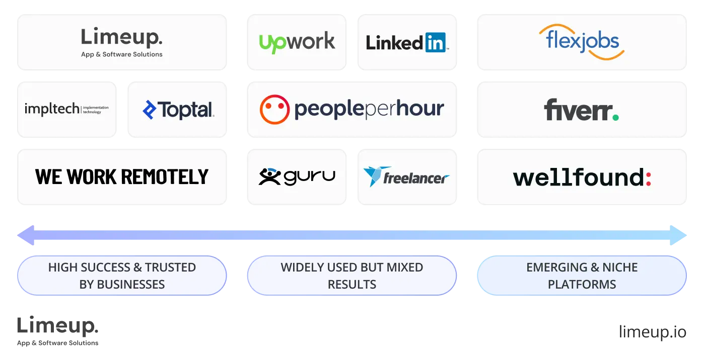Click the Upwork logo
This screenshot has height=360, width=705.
297,42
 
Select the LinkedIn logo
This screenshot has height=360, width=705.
407,43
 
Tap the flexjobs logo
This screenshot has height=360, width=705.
582,42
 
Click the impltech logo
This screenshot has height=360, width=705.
66,109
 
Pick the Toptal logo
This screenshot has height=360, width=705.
179,110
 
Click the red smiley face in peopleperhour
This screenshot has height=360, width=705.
274,110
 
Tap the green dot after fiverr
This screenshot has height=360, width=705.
615,117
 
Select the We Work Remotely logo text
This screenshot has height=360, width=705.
122,176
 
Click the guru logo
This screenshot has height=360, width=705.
297,176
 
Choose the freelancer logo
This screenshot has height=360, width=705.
406,176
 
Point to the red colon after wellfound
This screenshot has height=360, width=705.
649,177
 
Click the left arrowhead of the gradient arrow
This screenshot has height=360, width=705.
24,235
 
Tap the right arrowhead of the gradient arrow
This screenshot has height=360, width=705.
680,235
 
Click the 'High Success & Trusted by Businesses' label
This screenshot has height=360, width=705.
122,276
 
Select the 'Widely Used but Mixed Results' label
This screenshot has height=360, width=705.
351,276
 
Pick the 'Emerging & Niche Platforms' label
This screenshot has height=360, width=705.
582,276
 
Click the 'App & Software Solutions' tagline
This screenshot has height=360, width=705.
122,54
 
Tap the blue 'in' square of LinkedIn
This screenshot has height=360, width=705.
436,43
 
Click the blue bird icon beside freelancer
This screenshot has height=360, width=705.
372,176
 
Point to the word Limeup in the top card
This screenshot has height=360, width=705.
121,38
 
